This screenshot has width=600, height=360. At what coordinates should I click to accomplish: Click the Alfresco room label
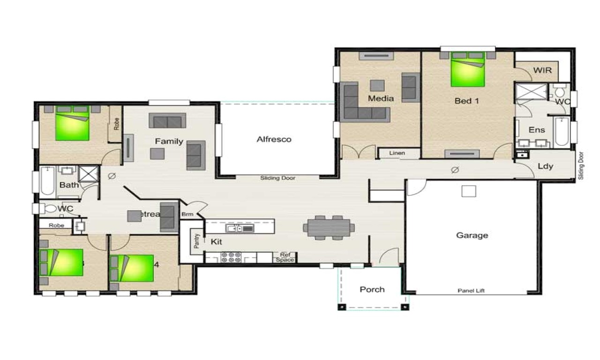274,139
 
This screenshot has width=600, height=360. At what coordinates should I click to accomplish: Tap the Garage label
472,235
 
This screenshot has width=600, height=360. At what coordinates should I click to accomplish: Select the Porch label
372,289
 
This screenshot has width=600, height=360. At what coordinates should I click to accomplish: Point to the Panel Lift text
471,291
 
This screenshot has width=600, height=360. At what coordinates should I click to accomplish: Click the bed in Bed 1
467,70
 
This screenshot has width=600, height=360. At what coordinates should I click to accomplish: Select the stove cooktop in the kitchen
231,257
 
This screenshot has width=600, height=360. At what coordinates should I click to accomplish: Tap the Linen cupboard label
397,153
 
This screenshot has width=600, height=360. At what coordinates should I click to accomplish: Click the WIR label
542,71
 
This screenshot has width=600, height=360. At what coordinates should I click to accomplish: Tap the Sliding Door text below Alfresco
278,178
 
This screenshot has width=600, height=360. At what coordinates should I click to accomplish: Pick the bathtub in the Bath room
47,180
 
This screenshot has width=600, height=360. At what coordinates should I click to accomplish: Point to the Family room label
169,141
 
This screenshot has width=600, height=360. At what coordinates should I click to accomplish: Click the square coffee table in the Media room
377,85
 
